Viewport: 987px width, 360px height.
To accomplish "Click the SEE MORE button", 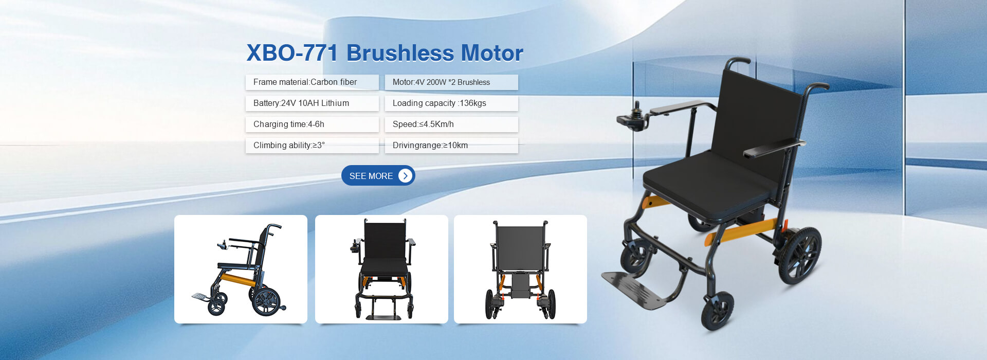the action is coord(378,175).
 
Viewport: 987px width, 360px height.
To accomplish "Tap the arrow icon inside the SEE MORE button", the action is coord(405,175).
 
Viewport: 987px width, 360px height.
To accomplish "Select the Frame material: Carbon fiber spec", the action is coord(312,82).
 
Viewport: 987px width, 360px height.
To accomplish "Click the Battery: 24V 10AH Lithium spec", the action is coord(312,103).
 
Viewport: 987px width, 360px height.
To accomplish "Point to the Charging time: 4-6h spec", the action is coord(312,124).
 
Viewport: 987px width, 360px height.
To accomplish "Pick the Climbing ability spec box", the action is coord(312,146).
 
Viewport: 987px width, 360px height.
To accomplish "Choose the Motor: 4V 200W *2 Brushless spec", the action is coord(451,82).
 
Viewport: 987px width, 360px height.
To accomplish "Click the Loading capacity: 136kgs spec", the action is coord(451,103).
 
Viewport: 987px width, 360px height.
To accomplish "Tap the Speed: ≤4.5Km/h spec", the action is coord(451,124).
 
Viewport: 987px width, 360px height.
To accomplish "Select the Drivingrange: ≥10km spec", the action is coord(451,146).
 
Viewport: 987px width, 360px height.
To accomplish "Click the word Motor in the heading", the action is coord(492,53).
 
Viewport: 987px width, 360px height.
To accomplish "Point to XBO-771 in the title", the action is coord(292,53).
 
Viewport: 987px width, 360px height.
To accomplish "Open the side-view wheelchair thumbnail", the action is coord(241,269).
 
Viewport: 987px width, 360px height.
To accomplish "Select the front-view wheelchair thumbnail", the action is coord(381,269).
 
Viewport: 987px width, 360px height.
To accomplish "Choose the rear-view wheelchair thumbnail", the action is coord(520,269).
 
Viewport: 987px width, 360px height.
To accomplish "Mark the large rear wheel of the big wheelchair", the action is coord(800,256).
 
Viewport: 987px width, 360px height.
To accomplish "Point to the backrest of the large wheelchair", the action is coord(756,123).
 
